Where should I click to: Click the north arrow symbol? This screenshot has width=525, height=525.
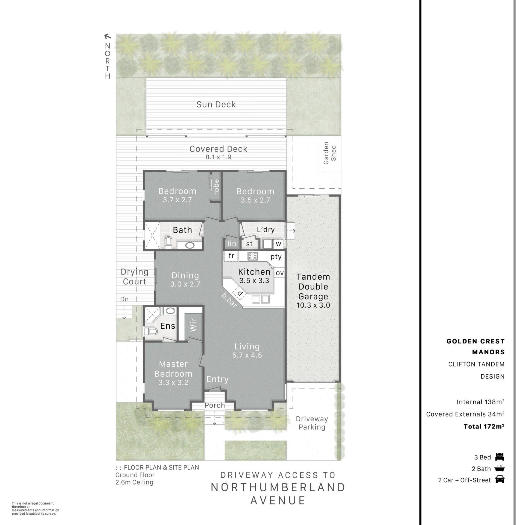click(108, 36)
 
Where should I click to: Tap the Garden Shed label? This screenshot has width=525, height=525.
click(330, 153)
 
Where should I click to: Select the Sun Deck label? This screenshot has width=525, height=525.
click(216, 104)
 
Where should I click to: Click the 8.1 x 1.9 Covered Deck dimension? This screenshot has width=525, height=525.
click(218, 157)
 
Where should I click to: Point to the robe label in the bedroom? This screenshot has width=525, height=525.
click(216, 187)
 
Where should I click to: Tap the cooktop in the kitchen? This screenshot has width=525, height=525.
click(252, 256)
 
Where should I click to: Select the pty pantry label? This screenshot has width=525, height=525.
click(276, 257)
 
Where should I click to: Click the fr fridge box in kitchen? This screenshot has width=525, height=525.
click(231, 256)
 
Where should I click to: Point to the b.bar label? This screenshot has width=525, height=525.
click(229, 300)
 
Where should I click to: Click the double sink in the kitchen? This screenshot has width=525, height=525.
click(261, 299)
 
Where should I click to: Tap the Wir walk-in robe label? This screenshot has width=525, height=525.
click(193, 325)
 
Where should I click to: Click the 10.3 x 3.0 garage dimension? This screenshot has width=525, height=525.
click(313, 305)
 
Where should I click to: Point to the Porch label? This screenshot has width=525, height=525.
click(215, 405)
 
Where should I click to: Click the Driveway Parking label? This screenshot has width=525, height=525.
click(312, 423)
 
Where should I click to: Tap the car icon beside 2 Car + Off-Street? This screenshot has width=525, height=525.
click(500, 479)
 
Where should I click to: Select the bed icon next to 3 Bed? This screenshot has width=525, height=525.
click(500, 457)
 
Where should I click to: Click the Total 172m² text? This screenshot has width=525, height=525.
click(484, 426)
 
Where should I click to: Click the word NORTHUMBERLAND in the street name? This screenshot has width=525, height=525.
click(278, 487)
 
